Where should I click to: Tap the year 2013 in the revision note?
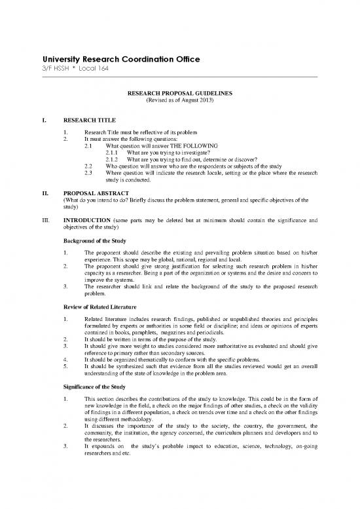[x=206, y=101]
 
